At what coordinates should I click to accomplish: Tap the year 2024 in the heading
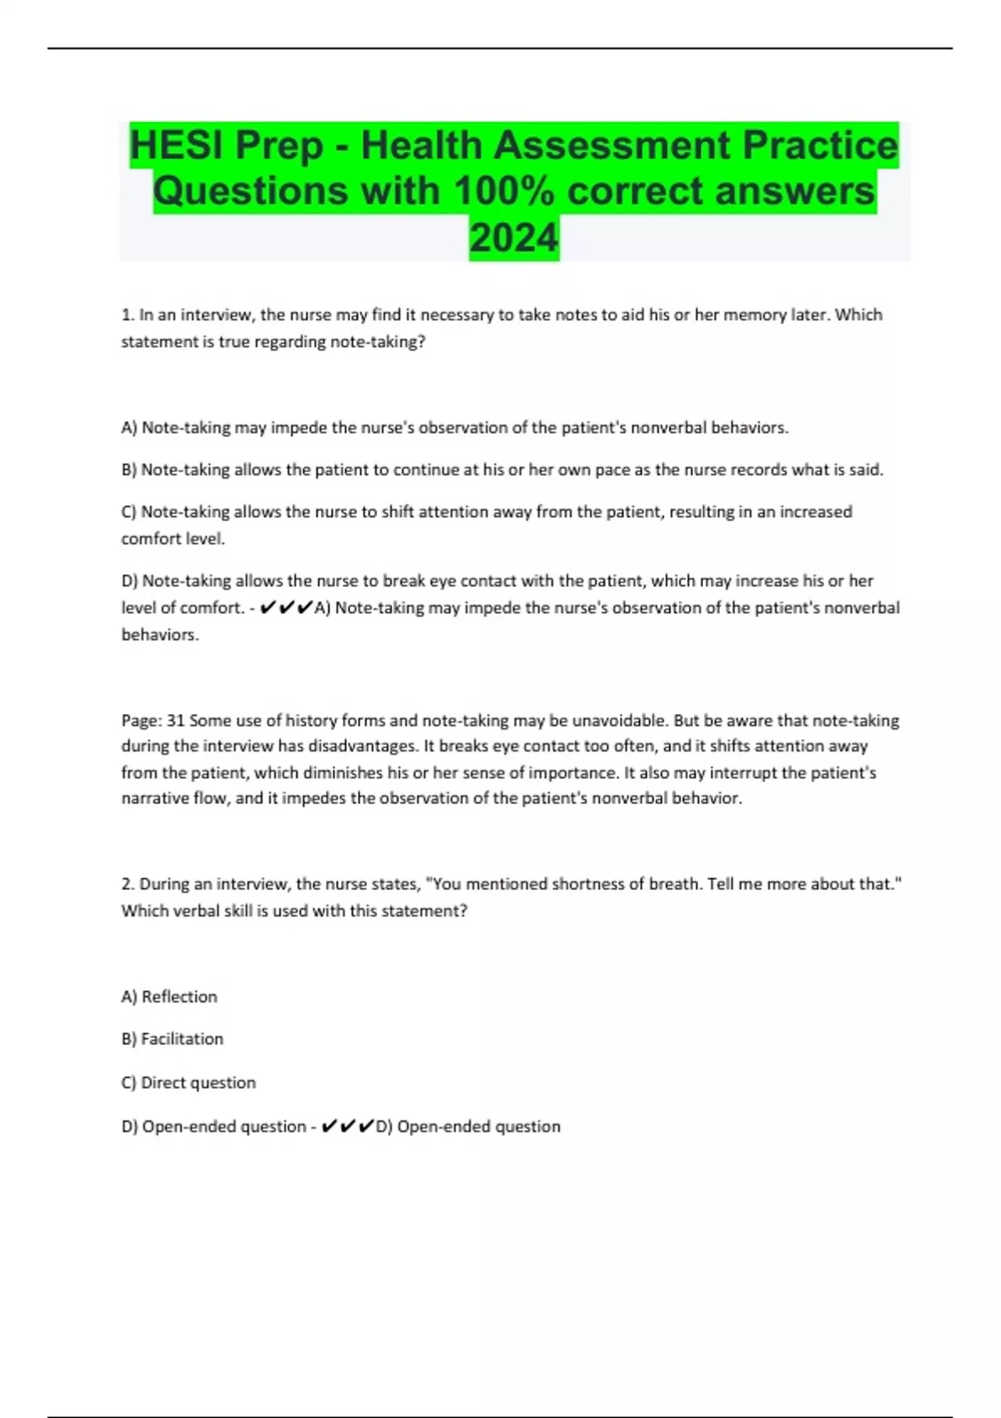[x=514, y=238]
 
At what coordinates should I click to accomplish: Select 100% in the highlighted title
[x=503, y=191]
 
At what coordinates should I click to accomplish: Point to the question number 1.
[x=128, y=315]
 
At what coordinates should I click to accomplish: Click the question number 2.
[x=128, y=884]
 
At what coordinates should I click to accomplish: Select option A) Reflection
[x=169, y=997]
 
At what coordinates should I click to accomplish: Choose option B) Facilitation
[x=173, y=1039]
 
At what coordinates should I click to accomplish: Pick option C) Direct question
[x=189, y=1083]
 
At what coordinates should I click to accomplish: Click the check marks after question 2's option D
[x=348, y=1127]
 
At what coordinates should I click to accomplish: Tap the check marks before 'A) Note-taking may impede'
[x=286, y=608]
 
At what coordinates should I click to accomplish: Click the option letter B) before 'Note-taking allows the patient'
[x=128, y=470]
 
